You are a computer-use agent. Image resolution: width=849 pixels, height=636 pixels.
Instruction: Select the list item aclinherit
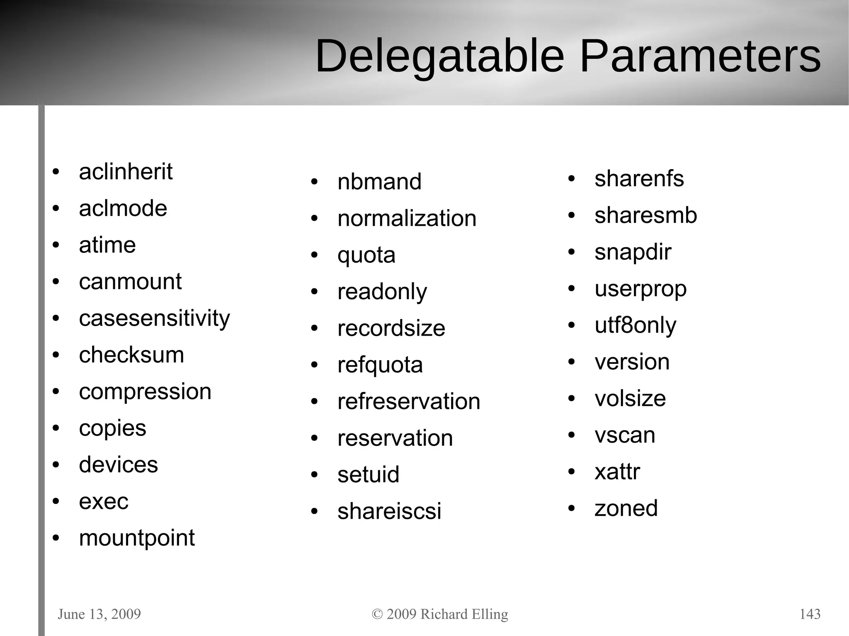click(x=125, y=172)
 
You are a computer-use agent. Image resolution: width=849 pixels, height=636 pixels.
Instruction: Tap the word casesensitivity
click(x=154, y=319)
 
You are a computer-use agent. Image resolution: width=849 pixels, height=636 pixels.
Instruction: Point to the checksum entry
click(x=131, y=355)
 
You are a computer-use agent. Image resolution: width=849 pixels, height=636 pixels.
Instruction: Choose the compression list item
click(x=145, y=392)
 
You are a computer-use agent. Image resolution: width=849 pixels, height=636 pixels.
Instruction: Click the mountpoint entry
click(x=137, y=538)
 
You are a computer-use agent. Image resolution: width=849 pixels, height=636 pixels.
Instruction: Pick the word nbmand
click(x=379, y=181)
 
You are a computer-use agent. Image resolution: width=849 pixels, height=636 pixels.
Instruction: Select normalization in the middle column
click(x=407, y=218)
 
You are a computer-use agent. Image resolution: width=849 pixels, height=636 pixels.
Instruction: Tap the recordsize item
click(x=391, y=328)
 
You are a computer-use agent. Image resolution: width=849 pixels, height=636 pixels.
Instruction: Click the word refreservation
click(x=409, y=401)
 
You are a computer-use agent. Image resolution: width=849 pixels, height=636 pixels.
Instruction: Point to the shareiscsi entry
click(x=389, y=511)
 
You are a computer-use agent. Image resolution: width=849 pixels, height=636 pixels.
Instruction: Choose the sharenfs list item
click(x=639, y=179)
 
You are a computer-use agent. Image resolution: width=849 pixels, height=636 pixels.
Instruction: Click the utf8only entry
click(x=635, y=325)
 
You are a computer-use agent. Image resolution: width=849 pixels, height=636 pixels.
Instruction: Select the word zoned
click(x=626, y=508)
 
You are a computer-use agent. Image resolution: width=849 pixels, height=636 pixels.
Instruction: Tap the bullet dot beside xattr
click(x=572, y=472)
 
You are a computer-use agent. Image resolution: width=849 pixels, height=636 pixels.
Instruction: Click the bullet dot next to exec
click(x=56, y=502)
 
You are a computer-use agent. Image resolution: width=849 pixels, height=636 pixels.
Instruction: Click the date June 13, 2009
click(x=99, y=614)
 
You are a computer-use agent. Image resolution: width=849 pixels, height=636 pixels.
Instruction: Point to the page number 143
click(x=810, y=614)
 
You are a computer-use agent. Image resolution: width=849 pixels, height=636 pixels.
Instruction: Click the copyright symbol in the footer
click(x=377, y=614)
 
